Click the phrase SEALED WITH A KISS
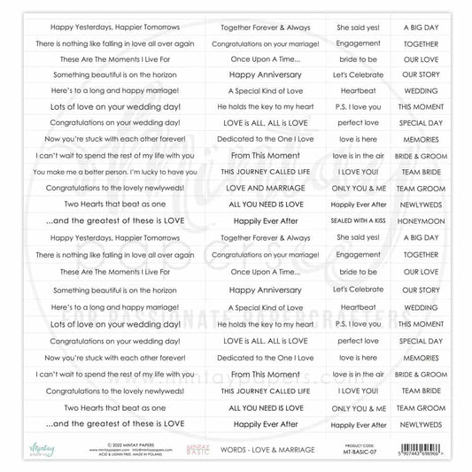tap(359, 220)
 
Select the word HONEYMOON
tap(422, 220)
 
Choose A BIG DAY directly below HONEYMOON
tap(422, 237)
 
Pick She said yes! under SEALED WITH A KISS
tap(359, 237)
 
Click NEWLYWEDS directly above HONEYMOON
tap(422, 204)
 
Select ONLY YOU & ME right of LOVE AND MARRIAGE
tap(359, 188)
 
